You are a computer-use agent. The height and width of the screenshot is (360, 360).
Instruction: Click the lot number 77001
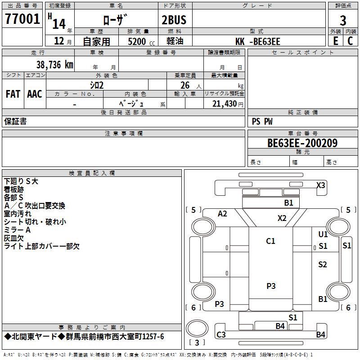pos(22,19)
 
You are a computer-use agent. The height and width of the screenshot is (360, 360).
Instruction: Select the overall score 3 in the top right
pos(343,21)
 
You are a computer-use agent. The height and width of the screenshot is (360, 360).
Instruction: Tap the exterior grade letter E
pos(336,40)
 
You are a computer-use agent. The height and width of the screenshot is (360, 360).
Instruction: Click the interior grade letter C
pos(351,40)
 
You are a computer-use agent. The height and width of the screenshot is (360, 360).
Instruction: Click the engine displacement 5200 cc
pos(137,41)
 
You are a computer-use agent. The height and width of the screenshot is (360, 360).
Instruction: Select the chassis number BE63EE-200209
pos(302,143)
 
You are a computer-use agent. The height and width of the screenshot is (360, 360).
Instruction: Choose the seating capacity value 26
pos(185,85)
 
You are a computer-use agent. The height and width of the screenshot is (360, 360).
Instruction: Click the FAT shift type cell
pos(13,94)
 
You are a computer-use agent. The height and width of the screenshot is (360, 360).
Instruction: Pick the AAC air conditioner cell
pos(35,94)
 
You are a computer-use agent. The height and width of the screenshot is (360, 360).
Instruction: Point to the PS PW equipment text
pos(262,121)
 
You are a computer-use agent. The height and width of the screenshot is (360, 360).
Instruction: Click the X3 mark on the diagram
pos(320,185)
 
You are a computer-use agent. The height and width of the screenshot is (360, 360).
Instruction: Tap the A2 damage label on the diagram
pos(222,214)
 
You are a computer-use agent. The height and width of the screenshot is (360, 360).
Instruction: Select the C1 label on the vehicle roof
pos(270,241)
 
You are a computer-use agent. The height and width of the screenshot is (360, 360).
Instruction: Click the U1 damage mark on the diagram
pos(323,234)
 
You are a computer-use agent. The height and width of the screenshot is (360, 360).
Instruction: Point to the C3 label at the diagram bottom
pos(221,334)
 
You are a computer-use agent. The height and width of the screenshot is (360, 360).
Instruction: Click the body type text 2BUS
pos(174,21)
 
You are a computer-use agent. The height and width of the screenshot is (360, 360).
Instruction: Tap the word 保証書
pos(15,121)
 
